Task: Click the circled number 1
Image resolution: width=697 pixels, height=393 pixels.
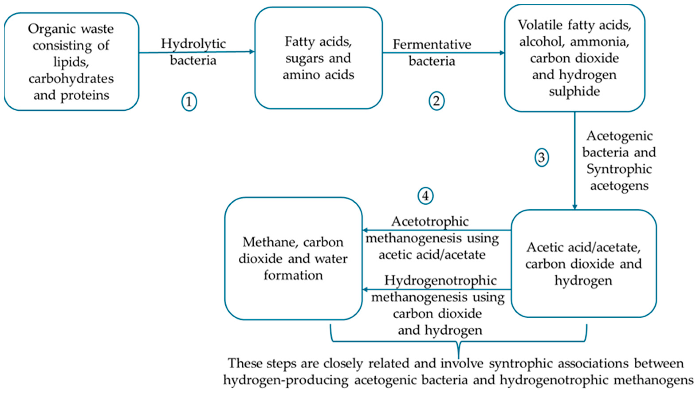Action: point(189,102)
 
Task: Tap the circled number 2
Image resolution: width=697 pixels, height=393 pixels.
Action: point(436,101)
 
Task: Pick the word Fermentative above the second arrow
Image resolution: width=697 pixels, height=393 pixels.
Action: point(432,45)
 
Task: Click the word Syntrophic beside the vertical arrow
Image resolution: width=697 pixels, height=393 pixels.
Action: point(619,170)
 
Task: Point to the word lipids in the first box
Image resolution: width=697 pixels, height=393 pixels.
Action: point(71,62)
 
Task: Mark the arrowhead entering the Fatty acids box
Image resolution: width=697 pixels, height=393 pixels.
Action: point(252,52)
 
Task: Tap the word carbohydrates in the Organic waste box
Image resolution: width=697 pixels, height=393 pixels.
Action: point(71,79)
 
